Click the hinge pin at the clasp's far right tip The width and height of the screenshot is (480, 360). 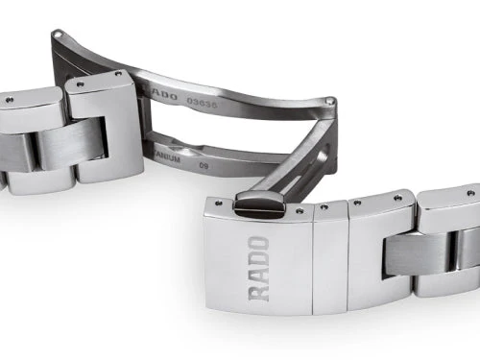(x=329, y=100)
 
